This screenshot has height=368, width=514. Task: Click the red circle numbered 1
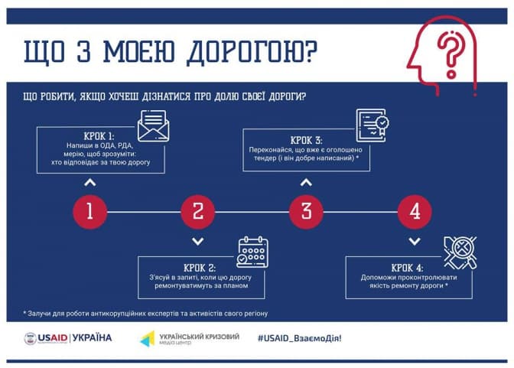tap(89, 210)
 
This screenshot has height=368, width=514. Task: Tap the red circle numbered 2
tap(197, 210)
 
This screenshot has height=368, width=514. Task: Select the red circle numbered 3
tap(306, 210)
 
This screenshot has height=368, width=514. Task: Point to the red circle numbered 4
tap(415, 210)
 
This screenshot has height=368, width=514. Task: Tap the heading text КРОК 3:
tap(307, 140)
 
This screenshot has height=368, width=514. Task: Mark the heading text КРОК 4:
tap(412, 267)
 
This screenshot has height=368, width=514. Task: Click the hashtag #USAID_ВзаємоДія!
tap(300, 337)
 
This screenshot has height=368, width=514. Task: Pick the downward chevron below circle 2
tap(197, 241)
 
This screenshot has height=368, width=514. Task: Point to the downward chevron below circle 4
tap(415, 241)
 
